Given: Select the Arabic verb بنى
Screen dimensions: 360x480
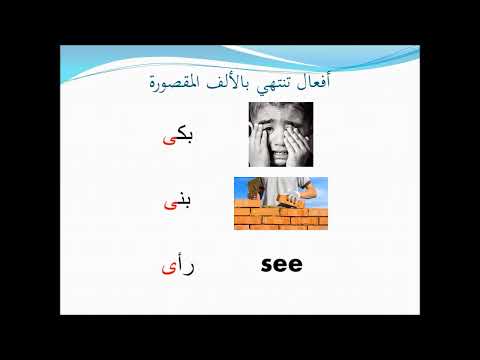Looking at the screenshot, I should pos(176,202).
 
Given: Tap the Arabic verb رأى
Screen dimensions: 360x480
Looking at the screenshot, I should pos(176,266).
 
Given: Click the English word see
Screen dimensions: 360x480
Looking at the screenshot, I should pos(281,265).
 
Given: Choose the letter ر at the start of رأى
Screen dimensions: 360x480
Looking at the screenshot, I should pos(189,268).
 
